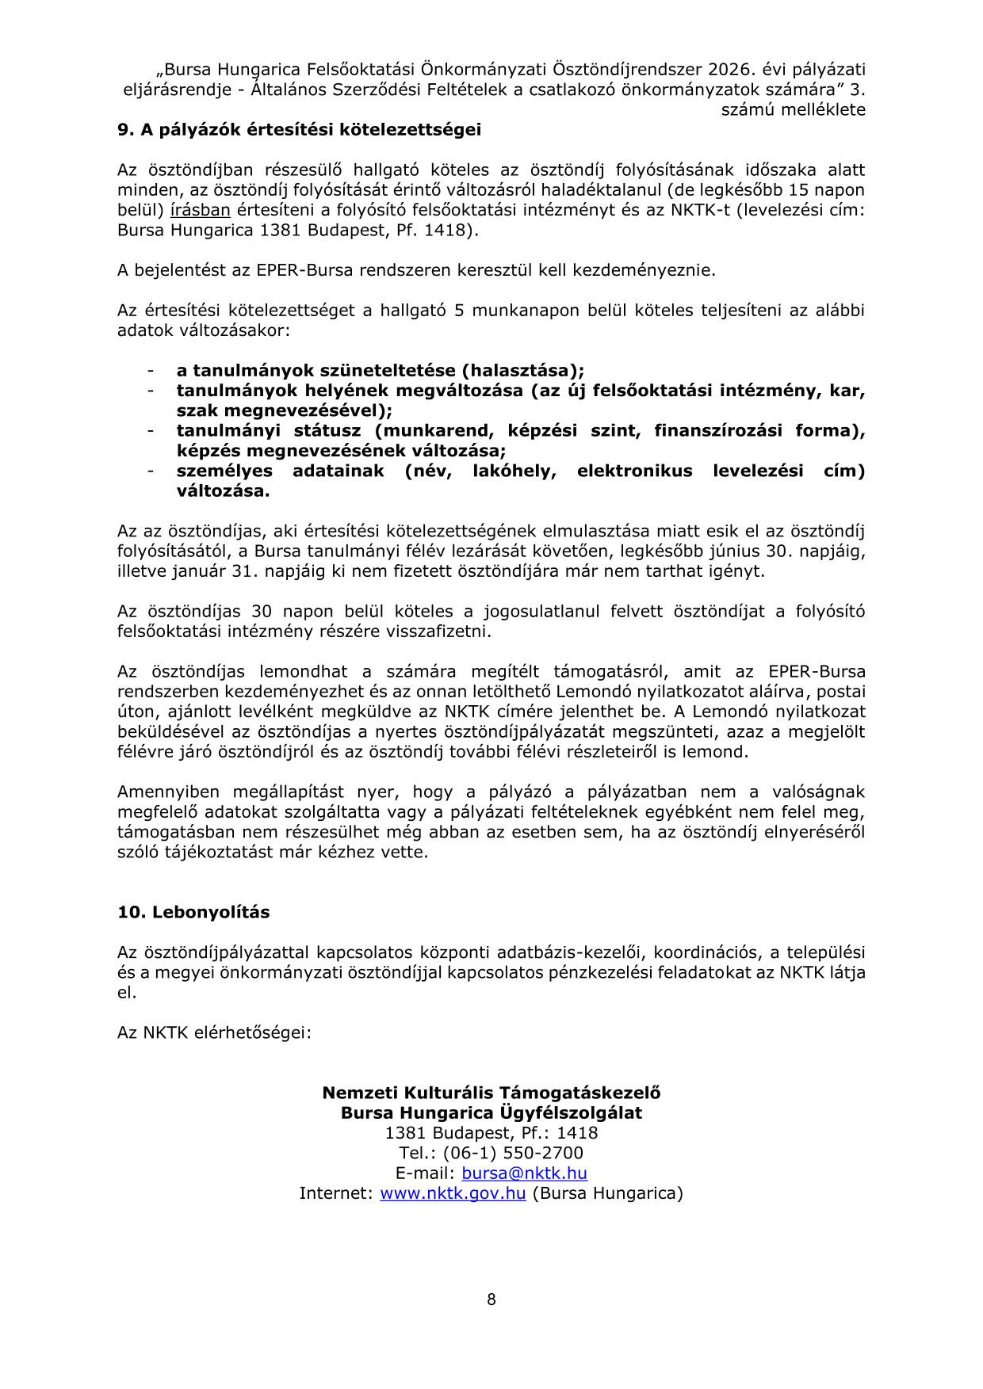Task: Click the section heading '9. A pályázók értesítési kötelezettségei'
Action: (299, 130)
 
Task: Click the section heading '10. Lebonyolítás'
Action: (193, 912)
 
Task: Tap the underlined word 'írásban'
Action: (200, 210)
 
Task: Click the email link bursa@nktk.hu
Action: (524, 1173)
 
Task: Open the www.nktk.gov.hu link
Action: (453, 1192)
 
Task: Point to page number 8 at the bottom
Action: (491, 1299)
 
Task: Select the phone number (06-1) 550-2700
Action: (512, 1153)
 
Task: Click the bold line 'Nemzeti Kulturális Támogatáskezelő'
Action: (491, 1093)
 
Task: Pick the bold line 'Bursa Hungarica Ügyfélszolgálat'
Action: (491, 1112)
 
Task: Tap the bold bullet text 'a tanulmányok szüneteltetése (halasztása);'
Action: (380, 370)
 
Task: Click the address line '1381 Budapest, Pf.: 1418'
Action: (491, 1133)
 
